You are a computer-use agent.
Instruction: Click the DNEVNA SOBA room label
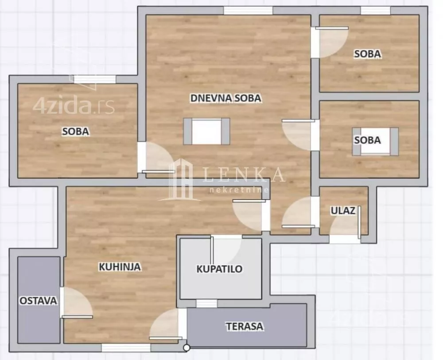click(x=225, y=98)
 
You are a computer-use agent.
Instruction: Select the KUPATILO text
click(x=220, y=269)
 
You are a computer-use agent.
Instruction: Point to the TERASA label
click(x=245, y=327)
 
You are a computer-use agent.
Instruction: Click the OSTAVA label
click(x=38, y=301)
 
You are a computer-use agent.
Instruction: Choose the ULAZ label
click(x=343, y=211)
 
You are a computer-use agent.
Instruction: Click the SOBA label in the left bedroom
click(x=75, y=132)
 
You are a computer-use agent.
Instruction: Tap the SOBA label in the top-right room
click(x=367, y=54)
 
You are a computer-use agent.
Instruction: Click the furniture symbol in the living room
click(x=206, y=132)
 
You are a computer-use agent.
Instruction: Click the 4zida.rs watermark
click(x=74, y=107)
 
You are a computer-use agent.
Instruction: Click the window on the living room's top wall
click(x=248, y=11)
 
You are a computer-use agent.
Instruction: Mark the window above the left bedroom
click(x=95, y=80)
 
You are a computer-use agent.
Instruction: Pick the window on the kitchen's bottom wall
click(x=126, y=348)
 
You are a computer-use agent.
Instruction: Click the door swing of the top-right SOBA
click(x=331, y=41)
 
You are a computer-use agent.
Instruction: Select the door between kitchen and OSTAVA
click(x=76, y=304)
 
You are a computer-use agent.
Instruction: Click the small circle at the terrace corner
click(x=187, y=348)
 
